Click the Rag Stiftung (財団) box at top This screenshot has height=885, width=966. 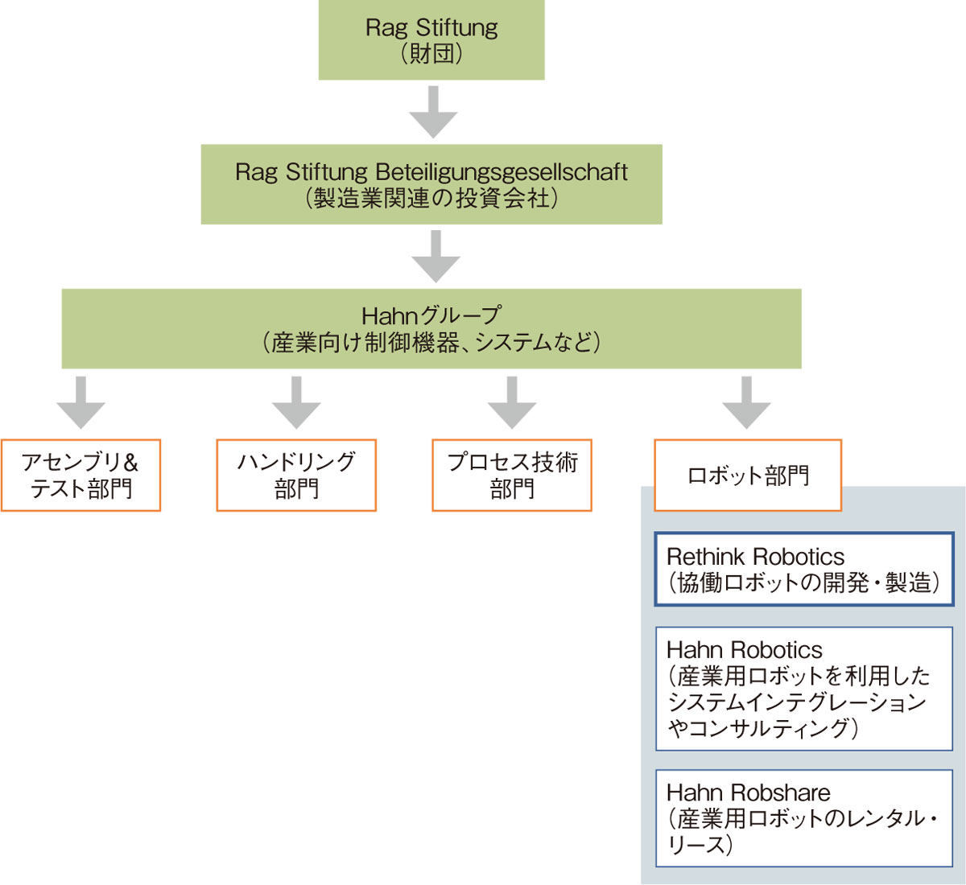click(x=431, y=40)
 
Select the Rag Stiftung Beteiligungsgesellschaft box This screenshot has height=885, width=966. click(x=431, y=184)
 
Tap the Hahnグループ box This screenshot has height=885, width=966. click(x=431, y=328)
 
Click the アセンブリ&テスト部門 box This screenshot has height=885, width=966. click(x=80, y=475)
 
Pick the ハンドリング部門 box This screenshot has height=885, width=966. click(x=296, y=475)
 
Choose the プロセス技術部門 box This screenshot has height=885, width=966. click(x=512, y=475)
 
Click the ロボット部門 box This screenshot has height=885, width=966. click(x=748, y=475)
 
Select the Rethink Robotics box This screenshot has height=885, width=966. click(x=803, y=569)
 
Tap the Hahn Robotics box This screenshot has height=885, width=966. click(x=803, y=689)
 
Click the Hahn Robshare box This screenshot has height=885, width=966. click(x=803, y=818)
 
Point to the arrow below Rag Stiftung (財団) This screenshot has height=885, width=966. click(x=433, y=112)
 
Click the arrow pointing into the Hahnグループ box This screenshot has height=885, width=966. click(x=436, y=256)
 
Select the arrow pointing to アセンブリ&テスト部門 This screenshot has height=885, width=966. click(x=80, y=402)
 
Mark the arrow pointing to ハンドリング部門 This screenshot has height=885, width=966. click(x=296, y=402)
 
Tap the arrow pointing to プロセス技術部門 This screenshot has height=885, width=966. click(x=512, y=402)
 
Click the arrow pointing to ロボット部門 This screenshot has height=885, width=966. click(x=747, y=402)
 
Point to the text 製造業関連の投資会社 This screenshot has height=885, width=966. click(x=431, y=199)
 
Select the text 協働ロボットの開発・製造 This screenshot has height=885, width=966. click(x=803, y=582)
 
